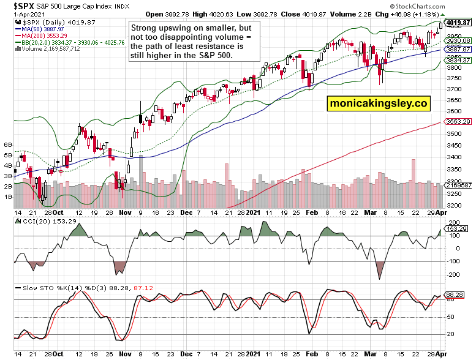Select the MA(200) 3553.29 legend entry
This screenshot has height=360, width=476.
click(42, 36)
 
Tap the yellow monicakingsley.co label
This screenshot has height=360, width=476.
click(378, 103)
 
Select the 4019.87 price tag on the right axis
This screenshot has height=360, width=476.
click(457, 24)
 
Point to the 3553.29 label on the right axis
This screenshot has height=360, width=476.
click(458, 122)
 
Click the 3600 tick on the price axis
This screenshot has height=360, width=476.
click(453, 111)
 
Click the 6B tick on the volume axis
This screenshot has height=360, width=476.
click(9, 144)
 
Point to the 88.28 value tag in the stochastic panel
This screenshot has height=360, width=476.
click(456, 294)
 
